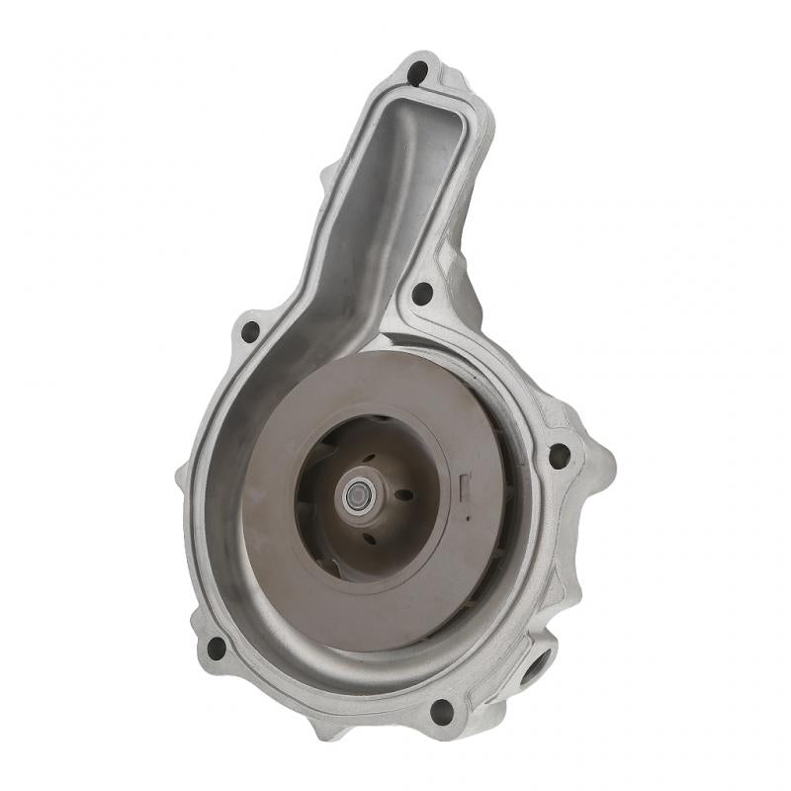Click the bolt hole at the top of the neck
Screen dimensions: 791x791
[x=417, y=72]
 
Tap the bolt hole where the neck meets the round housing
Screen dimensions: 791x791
[x=422, y=293]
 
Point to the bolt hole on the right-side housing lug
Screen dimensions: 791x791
[x=559, y=456]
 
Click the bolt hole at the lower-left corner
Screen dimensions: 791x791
[x=216, y=648]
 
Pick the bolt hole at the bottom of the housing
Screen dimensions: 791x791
[x=442, y=710]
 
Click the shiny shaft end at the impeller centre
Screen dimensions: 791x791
[x=357, y=496]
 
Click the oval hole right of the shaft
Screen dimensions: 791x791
[x=403, y=495]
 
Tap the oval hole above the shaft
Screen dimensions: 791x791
[x=368, y=456]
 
